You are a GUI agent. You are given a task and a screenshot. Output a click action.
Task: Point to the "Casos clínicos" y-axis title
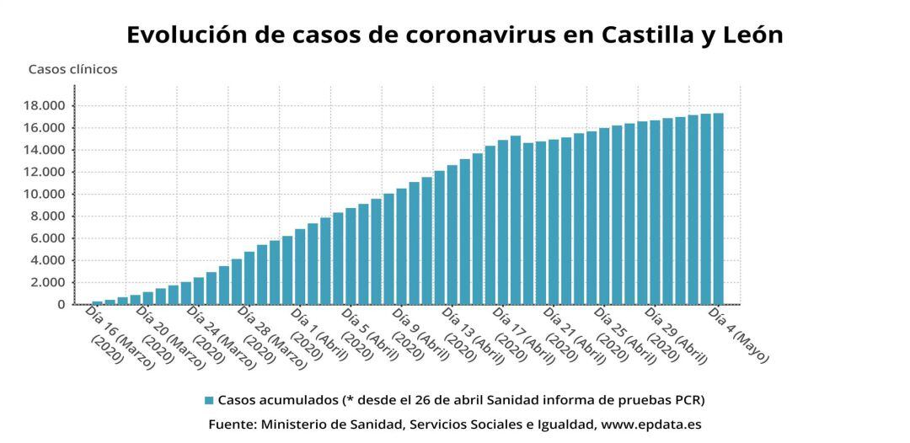[x=72, y=70]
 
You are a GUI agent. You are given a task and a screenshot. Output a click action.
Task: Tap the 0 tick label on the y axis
[x=62, y=305]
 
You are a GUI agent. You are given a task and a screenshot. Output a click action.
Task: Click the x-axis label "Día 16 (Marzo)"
[x=119, y=336]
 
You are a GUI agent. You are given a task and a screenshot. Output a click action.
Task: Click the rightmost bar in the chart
[x=718, y=209]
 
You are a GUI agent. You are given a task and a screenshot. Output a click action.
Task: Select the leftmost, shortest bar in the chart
[x=97, y=302]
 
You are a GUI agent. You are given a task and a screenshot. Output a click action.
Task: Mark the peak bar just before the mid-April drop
[x=515, y=220]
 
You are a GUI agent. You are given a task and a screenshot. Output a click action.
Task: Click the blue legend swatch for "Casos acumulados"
[x=208, y=400]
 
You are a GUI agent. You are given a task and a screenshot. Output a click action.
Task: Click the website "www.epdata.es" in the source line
[x=650, y=424]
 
